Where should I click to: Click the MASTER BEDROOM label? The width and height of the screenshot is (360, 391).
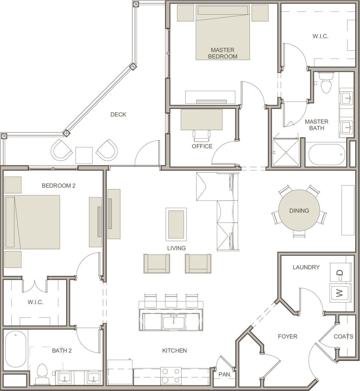(222, 53)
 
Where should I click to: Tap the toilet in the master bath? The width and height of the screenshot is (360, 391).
(326, 82)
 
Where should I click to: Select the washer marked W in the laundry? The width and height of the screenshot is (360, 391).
(340, 293)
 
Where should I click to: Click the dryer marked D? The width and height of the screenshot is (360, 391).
(340, 272)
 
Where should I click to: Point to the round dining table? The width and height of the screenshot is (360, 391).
(299, 211)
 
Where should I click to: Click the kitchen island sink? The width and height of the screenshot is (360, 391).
(174, 321)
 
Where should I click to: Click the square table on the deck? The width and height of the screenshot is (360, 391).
(84, 155)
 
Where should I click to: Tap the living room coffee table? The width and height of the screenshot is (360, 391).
(176, 224)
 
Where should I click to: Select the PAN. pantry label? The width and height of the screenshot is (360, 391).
(224, 375)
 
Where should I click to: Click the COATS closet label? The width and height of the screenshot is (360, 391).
(343, 336)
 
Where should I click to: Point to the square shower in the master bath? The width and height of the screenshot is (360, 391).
(286, 152)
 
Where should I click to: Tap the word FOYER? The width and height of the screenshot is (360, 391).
(287, 336)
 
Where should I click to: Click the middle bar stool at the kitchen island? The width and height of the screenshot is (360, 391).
(171, 300)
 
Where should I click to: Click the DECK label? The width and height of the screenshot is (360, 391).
(118, 115)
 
